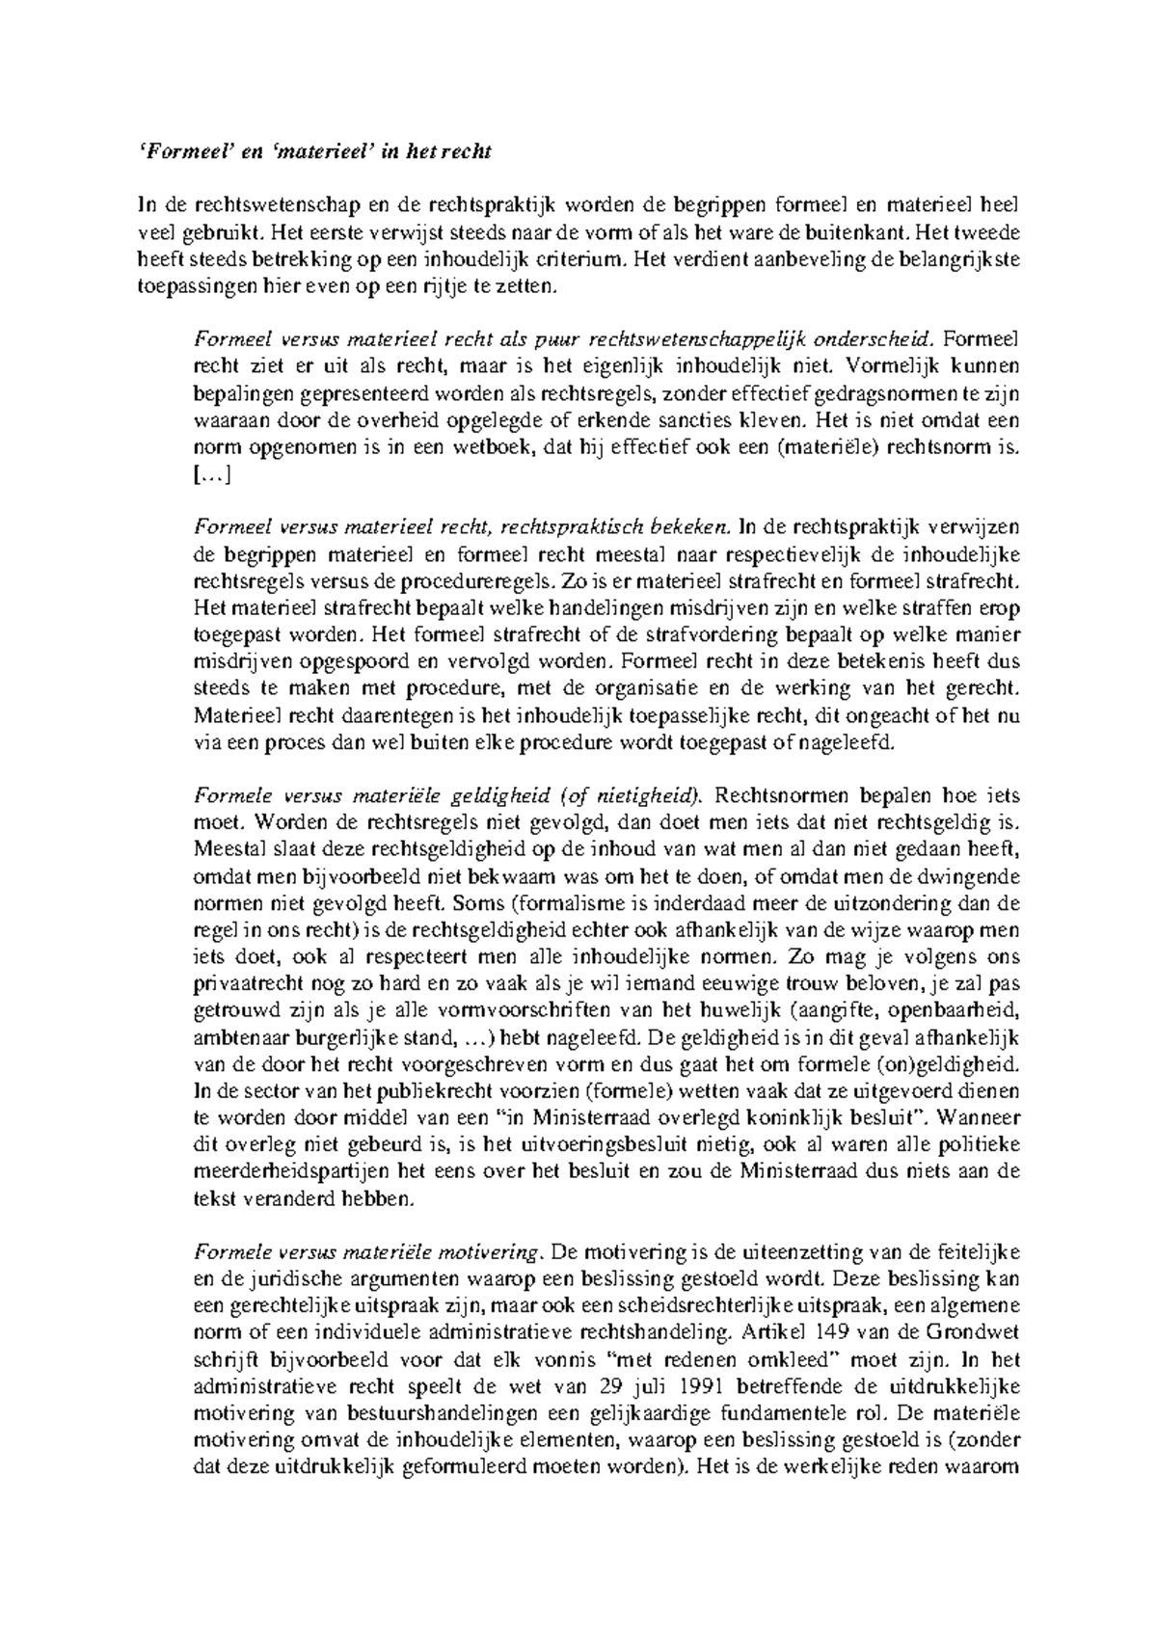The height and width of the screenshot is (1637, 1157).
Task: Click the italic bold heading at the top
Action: pyautogui.click(x=315, y=151)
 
